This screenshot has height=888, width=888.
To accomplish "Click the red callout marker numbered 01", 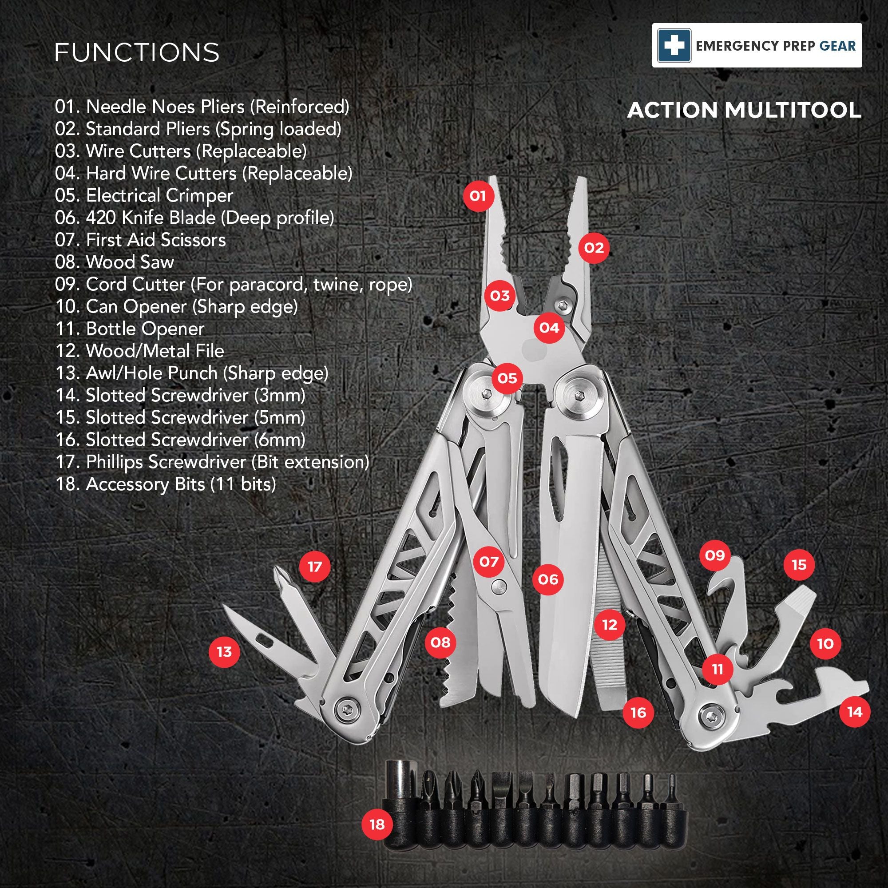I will click(x=478, y=196).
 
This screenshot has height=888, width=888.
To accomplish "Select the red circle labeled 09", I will click(x=715, y=555).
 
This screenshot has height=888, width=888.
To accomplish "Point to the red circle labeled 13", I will click(x=224, y=652).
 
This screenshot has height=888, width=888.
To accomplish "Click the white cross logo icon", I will click(x=674, y=45).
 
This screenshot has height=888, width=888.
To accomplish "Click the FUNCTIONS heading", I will click(x=137, y=52).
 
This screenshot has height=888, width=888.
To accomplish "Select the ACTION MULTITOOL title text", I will click(x=744, y=110).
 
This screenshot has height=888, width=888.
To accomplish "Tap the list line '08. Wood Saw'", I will click(x=115, y=262).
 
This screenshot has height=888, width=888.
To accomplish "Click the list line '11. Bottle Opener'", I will click(x=130, y=329).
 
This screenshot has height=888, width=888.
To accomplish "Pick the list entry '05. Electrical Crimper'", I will click(x=144, y=195).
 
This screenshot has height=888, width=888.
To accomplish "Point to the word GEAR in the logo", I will click(x=838, y=46).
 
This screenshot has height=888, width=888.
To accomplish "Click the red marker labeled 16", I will click(x=638, y=713).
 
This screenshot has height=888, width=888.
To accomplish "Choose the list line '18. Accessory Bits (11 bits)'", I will click(x=166, y=484).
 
